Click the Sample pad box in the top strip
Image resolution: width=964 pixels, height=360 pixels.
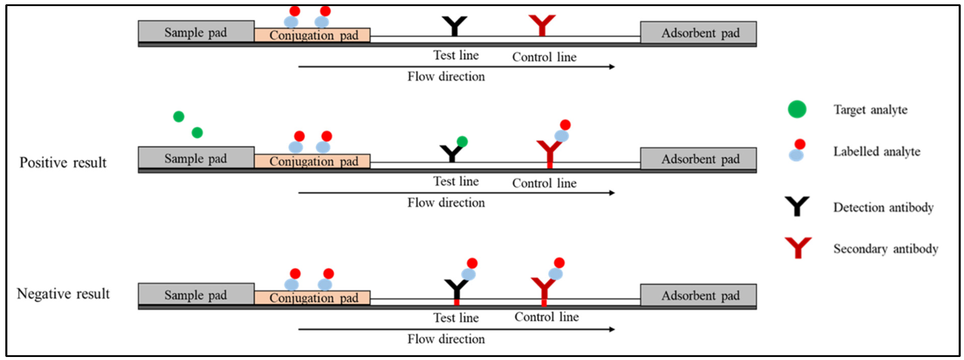(196, 32)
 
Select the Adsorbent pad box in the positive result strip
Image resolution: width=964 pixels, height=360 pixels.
(698, 159)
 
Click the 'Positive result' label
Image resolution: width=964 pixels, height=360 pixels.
(63, 163)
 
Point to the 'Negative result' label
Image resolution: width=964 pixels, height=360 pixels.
(63, 294)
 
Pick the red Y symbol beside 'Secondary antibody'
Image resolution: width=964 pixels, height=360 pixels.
(798, 247)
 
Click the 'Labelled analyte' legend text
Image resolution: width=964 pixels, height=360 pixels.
(876, 152)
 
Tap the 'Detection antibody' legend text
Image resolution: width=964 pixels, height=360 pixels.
(883, 207)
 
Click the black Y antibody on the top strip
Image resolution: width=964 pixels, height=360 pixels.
(454, 26)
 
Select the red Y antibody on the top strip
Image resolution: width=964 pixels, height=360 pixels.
(542, 25)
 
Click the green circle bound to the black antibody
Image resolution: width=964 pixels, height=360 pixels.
(462, 142)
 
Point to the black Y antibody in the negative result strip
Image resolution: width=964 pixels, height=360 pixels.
(456, 290)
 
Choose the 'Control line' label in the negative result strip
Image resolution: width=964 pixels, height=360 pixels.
(546, 317)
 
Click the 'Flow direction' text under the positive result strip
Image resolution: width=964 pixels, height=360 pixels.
(446, 203)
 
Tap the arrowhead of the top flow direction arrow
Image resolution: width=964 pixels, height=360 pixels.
(612, 67)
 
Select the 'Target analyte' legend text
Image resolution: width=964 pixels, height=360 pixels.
(870, 110)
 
